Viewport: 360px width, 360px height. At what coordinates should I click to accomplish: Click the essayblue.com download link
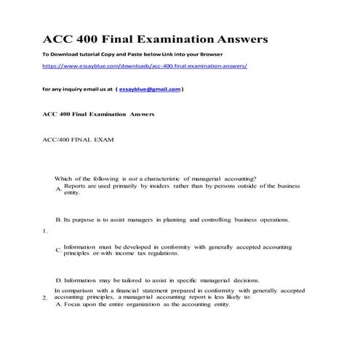(x=145, y=65)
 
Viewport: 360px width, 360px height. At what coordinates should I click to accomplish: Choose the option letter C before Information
(x=57, y=250)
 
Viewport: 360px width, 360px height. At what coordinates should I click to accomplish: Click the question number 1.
(x=45, y=231)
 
